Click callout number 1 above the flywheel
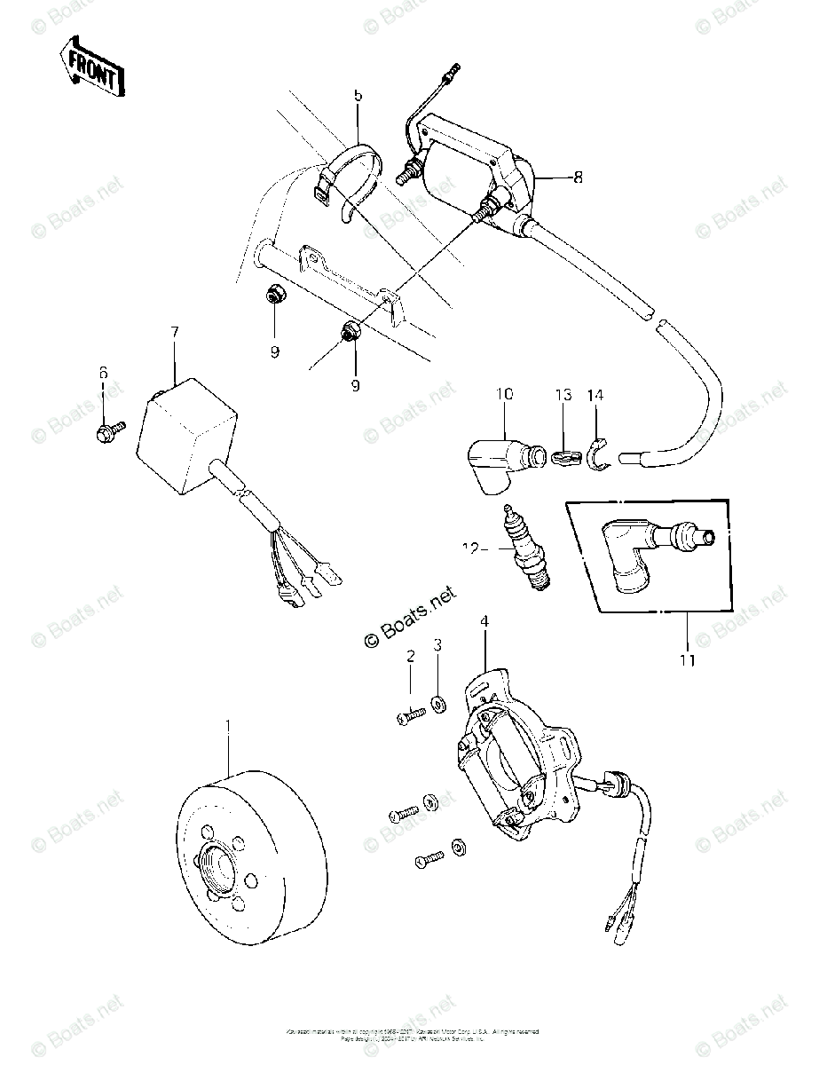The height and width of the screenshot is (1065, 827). point(228,725)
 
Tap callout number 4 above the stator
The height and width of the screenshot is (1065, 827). point(484,622)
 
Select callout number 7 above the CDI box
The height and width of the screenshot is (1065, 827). point(175,332)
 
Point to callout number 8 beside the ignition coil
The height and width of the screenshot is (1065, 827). point(578,177)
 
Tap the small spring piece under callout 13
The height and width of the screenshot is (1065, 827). point(564,458)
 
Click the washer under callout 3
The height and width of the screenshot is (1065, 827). point(438,705)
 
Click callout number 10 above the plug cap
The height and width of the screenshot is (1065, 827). point(505,394)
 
